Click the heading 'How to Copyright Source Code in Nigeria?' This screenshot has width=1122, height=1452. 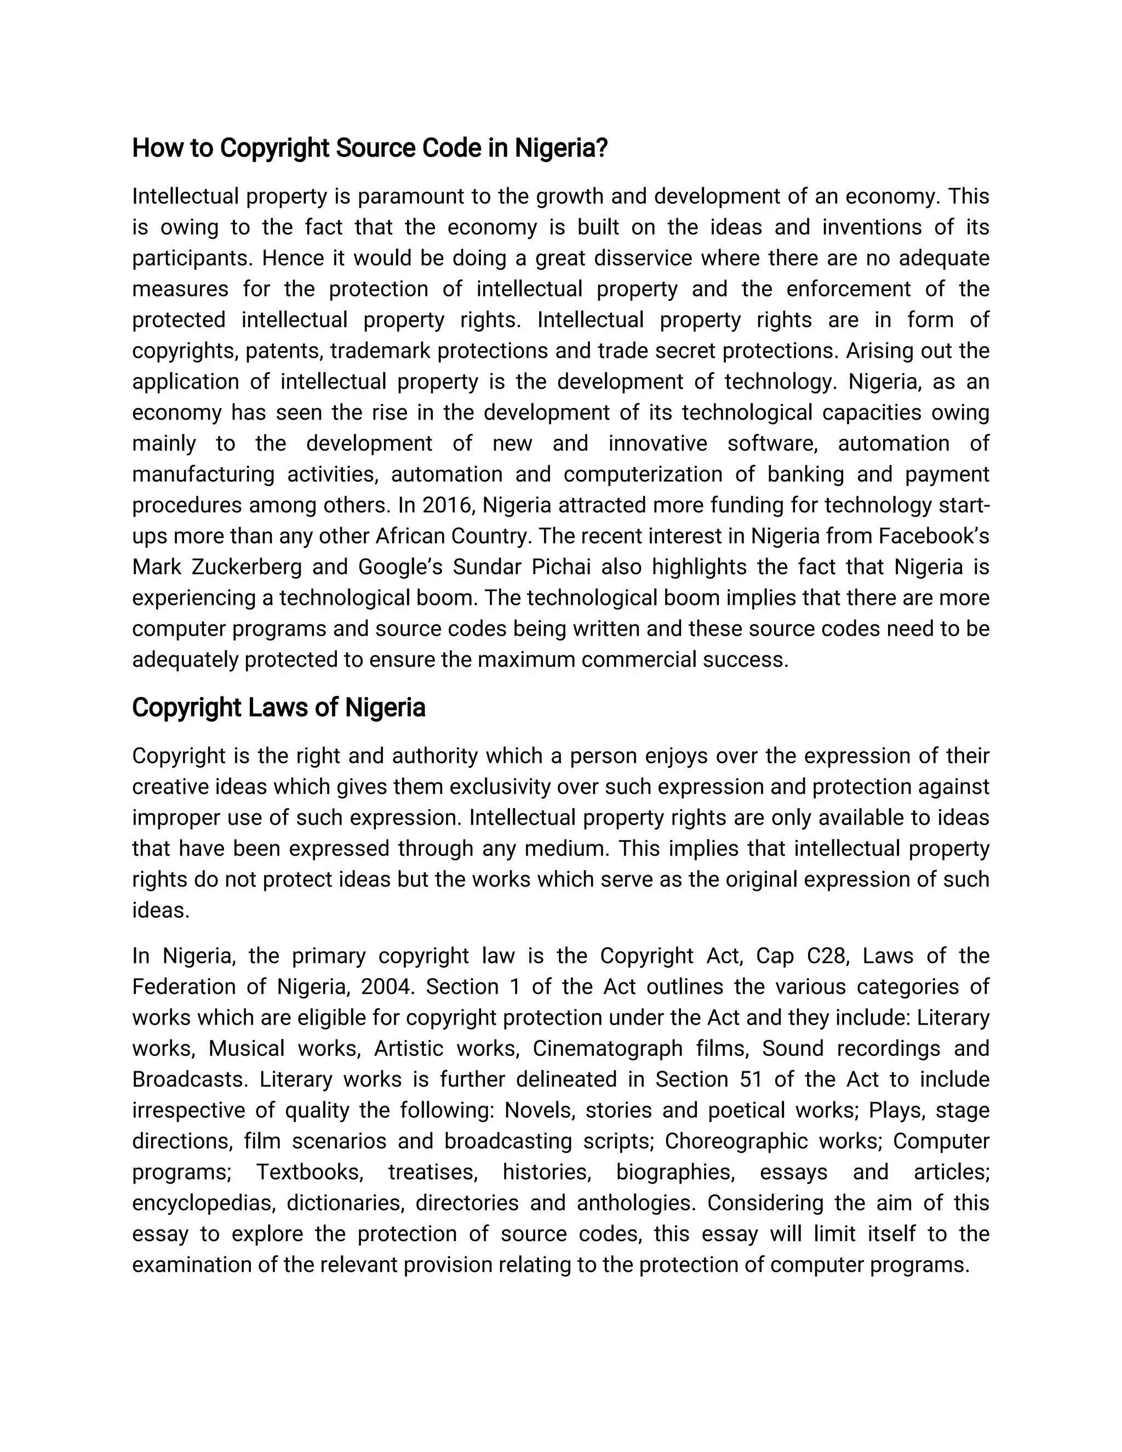[x=370, y=147]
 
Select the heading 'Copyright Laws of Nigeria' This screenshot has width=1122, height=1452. [x=278, y=707]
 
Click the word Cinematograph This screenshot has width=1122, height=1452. [x=607, y=1048]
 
